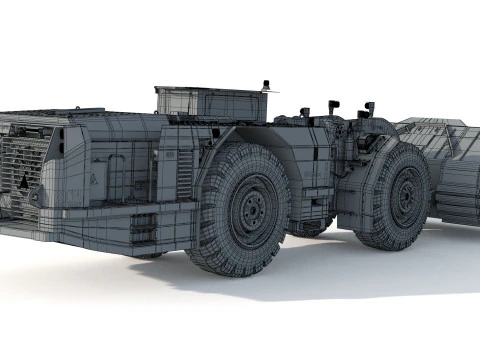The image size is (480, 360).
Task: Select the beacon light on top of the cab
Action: (265, 86)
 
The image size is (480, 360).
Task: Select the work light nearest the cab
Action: (304, 110)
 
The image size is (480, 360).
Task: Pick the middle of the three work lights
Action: (333, 104)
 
